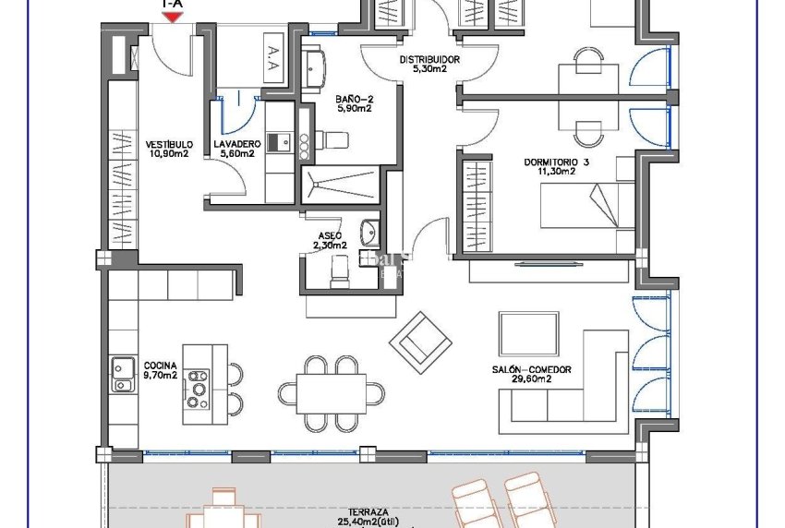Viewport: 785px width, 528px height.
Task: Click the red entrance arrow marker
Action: click(172, 16)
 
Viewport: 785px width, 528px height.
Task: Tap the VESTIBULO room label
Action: click(169, 145)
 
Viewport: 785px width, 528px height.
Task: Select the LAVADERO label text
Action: click(235, 145)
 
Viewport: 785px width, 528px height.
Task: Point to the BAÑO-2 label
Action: click(354, 98)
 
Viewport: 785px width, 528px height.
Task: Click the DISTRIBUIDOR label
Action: click(429, 60)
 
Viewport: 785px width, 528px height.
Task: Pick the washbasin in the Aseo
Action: click(369, 230)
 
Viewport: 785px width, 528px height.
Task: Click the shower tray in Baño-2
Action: click(341, 183)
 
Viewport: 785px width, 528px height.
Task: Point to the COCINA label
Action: click(160, 366)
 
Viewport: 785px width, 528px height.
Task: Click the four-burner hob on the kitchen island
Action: click(197, 388)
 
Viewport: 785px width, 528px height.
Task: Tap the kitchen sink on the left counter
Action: click(122, 373)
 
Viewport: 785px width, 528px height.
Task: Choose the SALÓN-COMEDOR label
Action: click(531, 369)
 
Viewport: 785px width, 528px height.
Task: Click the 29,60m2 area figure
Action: click(532, 378)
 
